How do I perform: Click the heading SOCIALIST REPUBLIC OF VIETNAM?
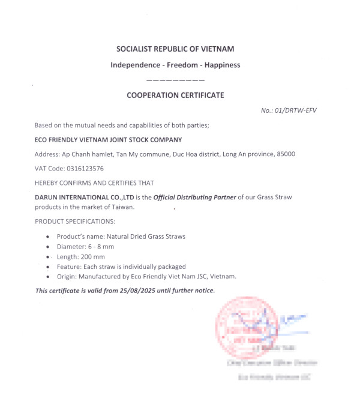[175, 49]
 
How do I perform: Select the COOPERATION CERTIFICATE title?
[175, 95]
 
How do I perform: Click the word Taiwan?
[121, 207]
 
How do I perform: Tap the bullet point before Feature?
[48, 267]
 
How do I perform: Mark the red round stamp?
[245, 325]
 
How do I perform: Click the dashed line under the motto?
[175, 80]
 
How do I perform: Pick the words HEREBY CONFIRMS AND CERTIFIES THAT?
[94, 183]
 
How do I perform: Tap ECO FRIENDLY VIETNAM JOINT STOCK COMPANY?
[108, 140]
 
